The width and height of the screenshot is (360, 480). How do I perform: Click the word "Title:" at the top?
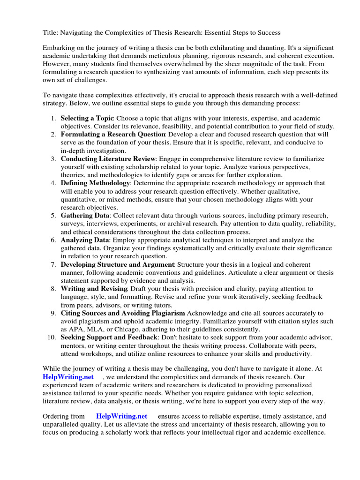[x=51, y=32]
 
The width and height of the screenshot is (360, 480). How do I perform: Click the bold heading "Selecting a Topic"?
[x=87, y=118]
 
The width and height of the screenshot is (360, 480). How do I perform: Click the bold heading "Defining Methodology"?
[x=95, y=183]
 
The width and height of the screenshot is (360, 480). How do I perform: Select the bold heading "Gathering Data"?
[x=85, y=215]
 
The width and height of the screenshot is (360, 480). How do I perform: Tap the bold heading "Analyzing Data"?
[x=85, y=240]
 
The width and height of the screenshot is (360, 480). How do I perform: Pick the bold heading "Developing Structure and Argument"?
[x=117, y=264]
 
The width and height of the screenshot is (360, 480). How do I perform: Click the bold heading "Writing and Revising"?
[x=94, y=288]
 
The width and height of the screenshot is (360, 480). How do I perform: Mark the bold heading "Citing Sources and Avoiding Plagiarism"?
[x=123, y=313]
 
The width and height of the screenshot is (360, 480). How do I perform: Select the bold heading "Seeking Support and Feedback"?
[x=109, y=337]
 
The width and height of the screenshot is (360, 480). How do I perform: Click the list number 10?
[x=52, y=337]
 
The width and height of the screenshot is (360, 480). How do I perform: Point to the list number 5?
[x=54, y=215]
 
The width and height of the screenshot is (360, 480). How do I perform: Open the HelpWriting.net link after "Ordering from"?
[x=121, y=416]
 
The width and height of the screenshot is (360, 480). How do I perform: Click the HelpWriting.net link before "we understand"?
[x=68, y=377]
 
